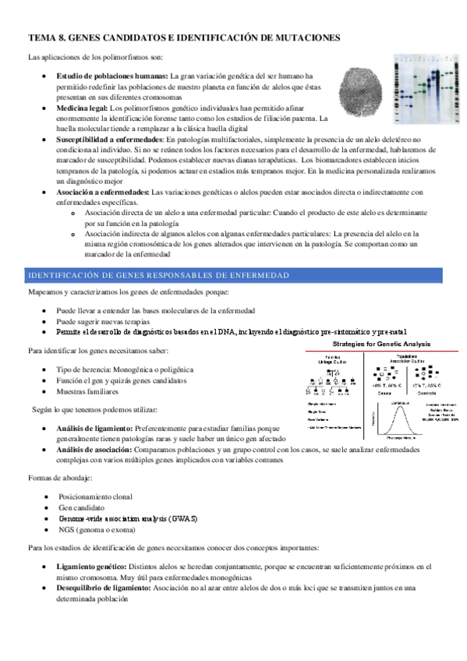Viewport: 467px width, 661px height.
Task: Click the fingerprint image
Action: (360, 92)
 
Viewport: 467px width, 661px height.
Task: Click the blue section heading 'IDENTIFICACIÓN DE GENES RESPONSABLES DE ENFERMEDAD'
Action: (158, 276)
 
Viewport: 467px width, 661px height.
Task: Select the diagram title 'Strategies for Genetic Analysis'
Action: (381, 343)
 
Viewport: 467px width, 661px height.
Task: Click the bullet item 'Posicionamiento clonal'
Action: (96, 496)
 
